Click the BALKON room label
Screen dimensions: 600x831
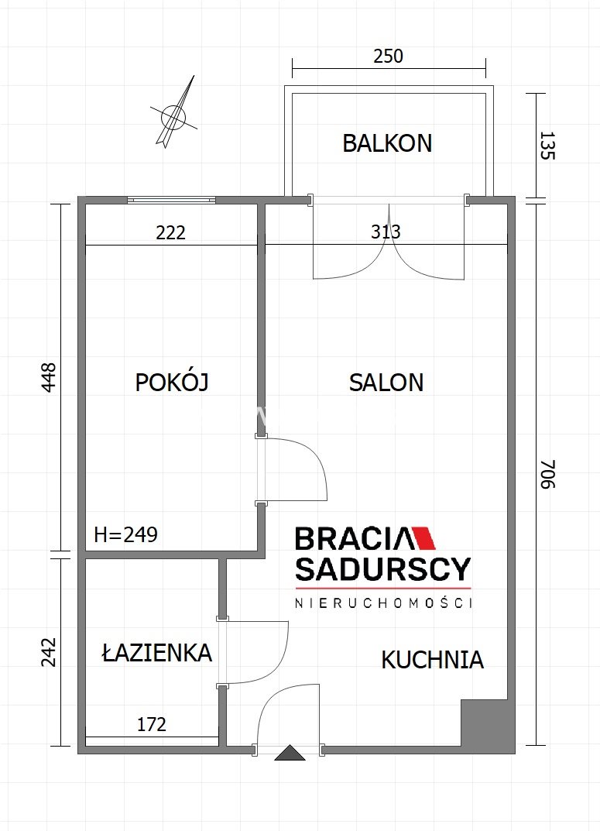(387, 143)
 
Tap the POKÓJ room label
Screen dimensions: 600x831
(172, 382)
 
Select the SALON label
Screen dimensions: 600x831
(386, 382)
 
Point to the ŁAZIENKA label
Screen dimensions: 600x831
(156, 652)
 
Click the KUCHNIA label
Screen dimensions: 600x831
(432, 660)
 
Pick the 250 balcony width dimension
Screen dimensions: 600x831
(388, 57)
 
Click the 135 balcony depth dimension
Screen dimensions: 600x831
(547, 146)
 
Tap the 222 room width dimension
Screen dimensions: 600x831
(170, 232)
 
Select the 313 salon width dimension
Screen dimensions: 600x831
(386, 232)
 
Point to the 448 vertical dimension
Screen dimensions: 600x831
(48, 377)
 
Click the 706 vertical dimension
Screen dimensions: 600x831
(547, 474)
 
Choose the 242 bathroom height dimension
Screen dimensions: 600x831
(48, 652)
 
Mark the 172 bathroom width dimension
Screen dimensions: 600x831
(152, 724)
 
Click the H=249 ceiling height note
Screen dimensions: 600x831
(125, 534)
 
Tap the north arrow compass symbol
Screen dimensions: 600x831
(174, 115)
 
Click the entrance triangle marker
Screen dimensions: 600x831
(290, 753)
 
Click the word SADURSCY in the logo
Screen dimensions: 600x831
(382, 568)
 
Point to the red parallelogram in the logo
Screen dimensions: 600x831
(423, 538)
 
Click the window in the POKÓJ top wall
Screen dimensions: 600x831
(172, 200)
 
